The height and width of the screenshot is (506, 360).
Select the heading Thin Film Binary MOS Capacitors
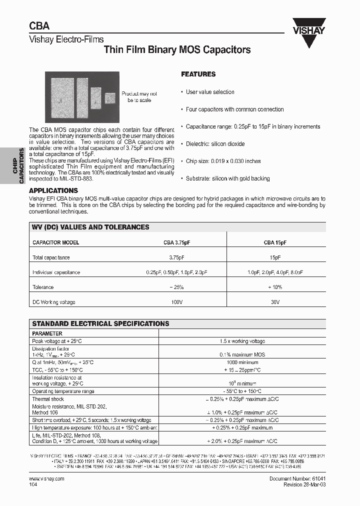(176, 50)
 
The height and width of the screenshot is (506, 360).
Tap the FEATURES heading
(198, 74)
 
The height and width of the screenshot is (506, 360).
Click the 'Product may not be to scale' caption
(139, 97)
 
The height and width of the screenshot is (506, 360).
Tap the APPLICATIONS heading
(53, 190)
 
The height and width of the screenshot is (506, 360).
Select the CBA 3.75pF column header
(176, 242)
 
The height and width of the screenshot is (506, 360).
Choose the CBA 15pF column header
(275, 242)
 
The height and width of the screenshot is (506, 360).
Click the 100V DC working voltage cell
(176, 302)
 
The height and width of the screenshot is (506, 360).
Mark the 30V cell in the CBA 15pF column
(275, 302)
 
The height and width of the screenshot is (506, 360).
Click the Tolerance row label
(43, 287)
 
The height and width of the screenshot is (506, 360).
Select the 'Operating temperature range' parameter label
(63, 391)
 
